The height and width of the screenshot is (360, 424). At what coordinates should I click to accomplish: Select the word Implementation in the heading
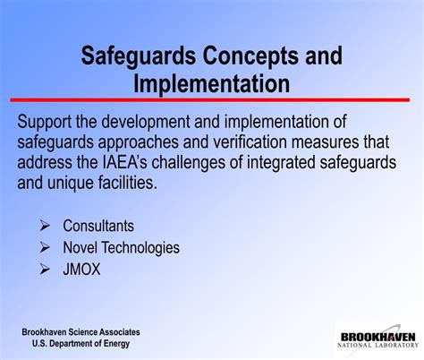click(x=212, y=84)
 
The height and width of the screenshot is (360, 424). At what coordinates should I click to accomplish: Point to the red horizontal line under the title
click(x=212, y=100)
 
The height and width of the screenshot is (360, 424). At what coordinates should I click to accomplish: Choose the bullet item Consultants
click(x=98, y=227)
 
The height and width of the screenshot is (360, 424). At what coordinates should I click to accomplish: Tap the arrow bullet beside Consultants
click(x=44, y=227)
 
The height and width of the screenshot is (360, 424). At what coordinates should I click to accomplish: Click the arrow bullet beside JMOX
click(x=44, y=268)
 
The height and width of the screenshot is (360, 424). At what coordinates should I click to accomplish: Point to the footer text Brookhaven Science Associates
click(x=81, y=332)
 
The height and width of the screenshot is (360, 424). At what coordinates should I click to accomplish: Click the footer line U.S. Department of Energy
click(x=81, y=344)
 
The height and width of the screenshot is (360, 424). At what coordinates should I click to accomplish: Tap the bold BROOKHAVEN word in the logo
click(x=377, y=334)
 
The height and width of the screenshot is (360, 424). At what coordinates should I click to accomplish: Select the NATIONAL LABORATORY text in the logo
click(x=377, y=344)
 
